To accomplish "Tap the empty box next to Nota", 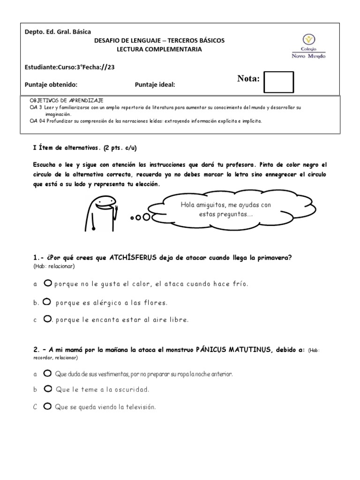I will tap(278, 82).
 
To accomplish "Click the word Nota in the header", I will tap(248, 79).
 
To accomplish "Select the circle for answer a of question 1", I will tap(47, 283).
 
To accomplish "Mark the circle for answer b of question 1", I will tap(46, 302).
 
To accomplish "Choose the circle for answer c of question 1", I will tap(47, 319).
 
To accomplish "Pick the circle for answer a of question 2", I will tap(47, 374).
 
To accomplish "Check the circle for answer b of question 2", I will tap(47, 389).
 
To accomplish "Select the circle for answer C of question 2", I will tap(47, 406).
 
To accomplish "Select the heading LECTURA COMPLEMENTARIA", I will tap(159, 49).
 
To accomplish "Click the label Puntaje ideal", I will tap(155, 84).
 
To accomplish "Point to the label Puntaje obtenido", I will tap(51, 84).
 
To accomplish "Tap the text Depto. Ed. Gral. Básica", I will tap(58, 31).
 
